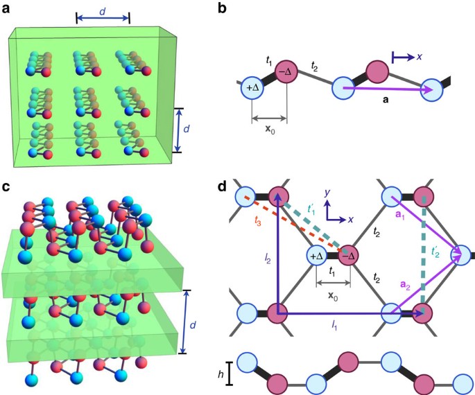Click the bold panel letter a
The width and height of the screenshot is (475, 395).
(x=7, y=9)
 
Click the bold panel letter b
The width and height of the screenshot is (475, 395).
(x=241, y=9)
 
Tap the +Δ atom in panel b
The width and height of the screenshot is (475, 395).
(x=253, y=89)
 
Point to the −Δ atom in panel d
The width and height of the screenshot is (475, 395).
(x=351, y=256)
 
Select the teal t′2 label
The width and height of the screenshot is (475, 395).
(x=438, y=254)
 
